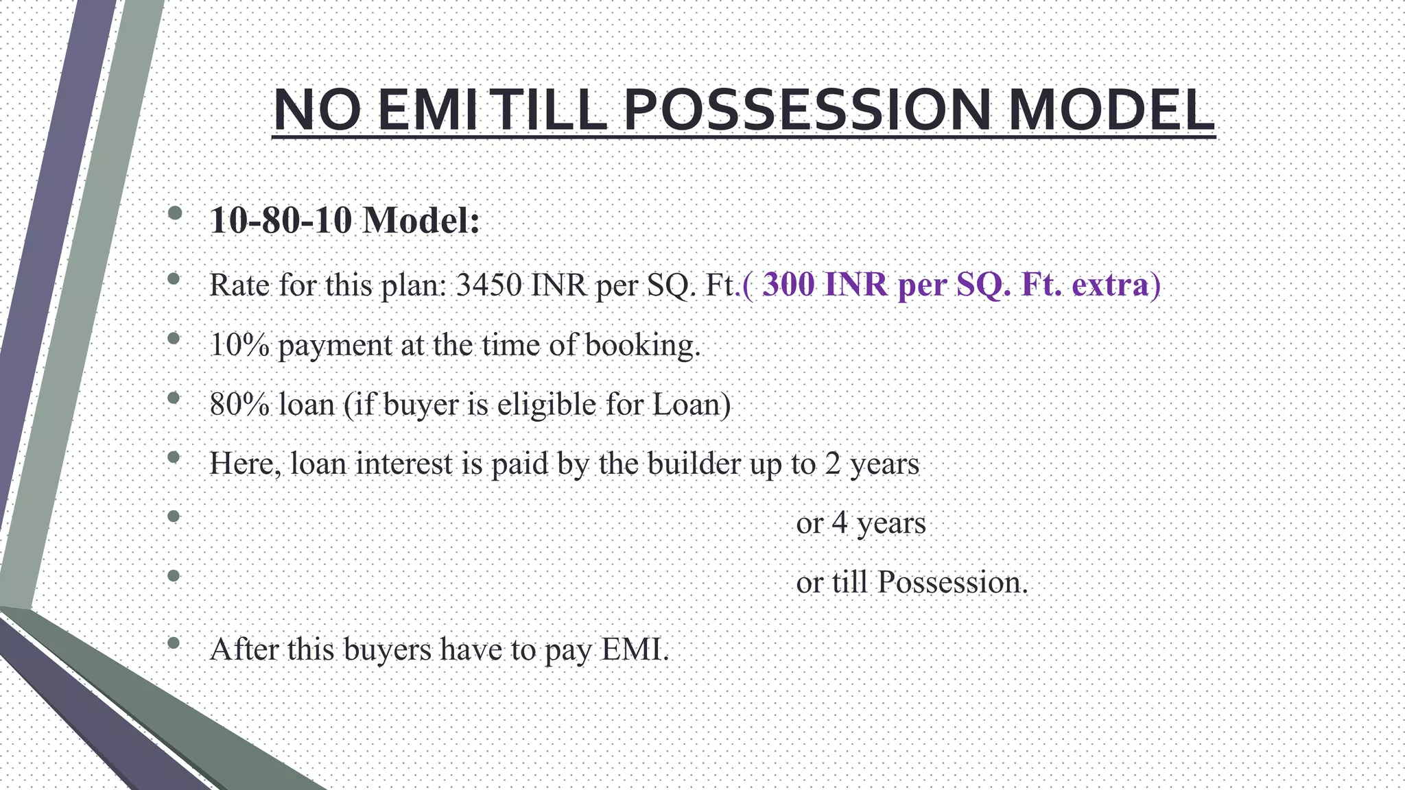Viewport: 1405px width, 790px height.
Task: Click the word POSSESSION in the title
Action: pyautogui.click(x=806, y=110)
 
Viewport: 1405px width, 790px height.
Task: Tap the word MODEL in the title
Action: pyautogui.click(x=1111, y=110)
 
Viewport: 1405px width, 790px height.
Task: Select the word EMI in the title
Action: pyautogui.click(x=427, y=110)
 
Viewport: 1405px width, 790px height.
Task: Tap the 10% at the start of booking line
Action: pyautogui.click(x=239, y=345)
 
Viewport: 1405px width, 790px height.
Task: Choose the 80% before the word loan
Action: pyautogui.click(x=239, y=405)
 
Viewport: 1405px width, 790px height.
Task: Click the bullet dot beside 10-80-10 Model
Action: pyautogui.click(x=174, y=213)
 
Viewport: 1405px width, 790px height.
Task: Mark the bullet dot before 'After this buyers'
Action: pyautogui.click(x=174, y=643)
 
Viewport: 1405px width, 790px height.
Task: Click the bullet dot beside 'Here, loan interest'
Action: pyautogui.click(x=174, y=457)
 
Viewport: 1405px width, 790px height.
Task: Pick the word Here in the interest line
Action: pyautogui.click(x=243, y=464)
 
